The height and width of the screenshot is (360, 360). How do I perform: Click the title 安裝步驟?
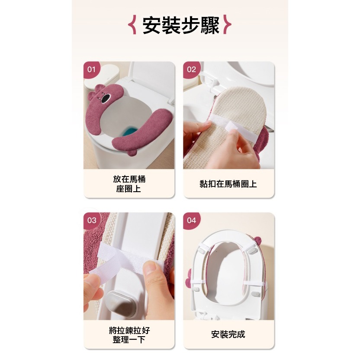coord(181,25)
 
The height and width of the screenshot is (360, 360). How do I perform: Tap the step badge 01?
coord(91,69)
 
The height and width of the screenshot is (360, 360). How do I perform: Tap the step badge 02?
coord(191,69)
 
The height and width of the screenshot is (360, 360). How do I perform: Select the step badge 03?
coord(92,220)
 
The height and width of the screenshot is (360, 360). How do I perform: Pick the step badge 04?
coord(191,220)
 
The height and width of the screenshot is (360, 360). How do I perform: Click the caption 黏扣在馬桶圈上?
coord(228,184)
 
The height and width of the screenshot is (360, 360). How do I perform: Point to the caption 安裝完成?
coord(228,334)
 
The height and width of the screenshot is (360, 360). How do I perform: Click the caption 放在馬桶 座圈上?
coord(129,184)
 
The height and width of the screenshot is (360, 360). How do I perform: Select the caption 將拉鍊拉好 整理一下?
coord(129,335)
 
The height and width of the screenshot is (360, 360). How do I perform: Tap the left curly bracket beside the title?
coord(134,25)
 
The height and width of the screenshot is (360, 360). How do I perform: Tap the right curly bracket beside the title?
coord(228,25)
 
